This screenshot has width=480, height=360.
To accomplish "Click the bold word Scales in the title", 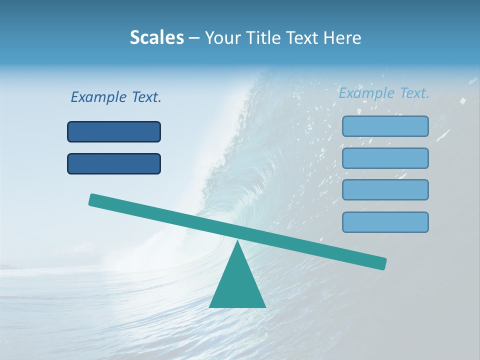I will pos(156,37).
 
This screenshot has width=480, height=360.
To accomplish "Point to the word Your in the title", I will pos(222,38).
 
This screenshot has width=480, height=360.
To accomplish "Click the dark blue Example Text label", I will pos(116,97).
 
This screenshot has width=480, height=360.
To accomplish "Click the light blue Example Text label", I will pos(384,93).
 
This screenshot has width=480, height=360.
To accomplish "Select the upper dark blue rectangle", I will pos(114,131).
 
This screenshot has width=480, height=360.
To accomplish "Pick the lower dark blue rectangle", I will pos(114,163).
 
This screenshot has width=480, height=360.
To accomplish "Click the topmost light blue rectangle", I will pos(385,126).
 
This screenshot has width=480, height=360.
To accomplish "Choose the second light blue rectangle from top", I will pos(385,158).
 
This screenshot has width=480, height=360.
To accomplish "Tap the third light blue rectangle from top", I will pos(385,190).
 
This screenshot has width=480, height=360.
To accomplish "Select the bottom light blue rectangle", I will pos(385,222).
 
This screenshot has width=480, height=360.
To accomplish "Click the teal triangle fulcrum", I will pos(237,285).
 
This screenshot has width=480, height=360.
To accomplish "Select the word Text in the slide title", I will pos(305,37).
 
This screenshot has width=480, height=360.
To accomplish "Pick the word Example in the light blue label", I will pos(366,93).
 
